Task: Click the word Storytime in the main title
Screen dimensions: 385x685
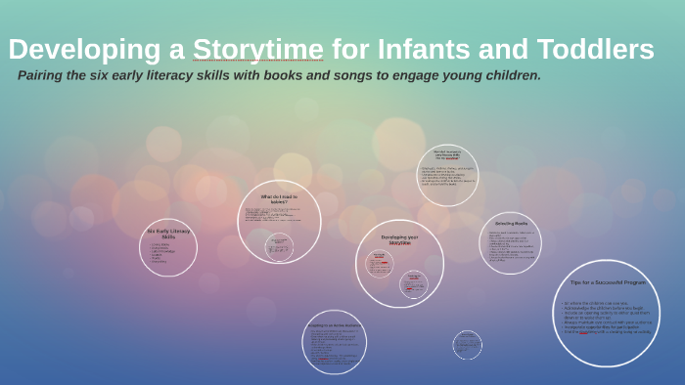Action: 257,49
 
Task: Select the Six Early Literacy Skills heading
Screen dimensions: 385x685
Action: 168,234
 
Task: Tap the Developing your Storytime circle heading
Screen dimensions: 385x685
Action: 399,239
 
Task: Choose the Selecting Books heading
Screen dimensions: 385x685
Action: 510,224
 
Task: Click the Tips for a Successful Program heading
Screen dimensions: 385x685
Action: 606,282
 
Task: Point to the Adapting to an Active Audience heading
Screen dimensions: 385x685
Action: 335,325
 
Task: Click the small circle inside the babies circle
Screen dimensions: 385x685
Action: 279,245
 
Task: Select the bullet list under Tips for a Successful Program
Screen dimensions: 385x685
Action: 606,317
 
